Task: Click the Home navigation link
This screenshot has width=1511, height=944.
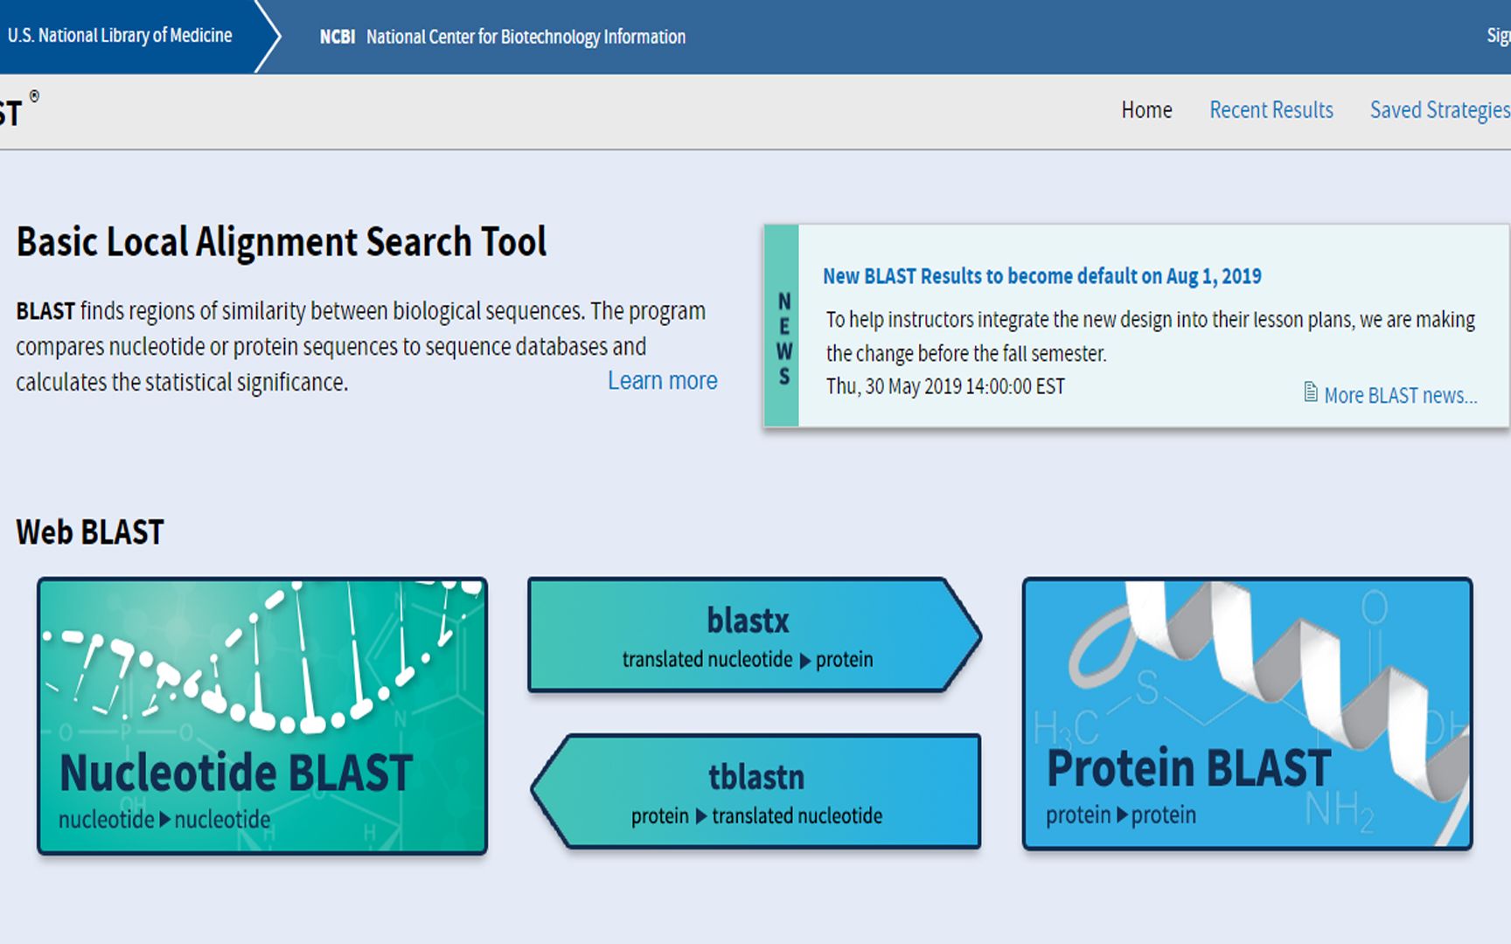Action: (x=1146, y=110)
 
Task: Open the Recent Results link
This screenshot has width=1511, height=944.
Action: (x=1271, y=110)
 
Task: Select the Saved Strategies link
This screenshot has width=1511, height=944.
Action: (x=1440, y=110)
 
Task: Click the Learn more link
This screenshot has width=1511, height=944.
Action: (x=663, y=381)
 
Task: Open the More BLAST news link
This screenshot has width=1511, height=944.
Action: (x=1401, y=395)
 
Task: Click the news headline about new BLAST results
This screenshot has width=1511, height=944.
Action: (x=1042, y=276)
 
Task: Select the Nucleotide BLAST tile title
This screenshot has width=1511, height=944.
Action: (x=236, y=773)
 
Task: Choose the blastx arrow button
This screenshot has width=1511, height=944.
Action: (x=755, y=635)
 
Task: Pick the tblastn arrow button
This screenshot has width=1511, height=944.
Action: (x=756, y=791)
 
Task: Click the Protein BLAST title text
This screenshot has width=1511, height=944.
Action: (x=1189, y=767)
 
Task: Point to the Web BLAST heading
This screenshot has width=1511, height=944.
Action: (x=90, y=532)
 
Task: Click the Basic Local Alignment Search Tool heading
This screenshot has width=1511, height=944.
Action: (x=282, y=242)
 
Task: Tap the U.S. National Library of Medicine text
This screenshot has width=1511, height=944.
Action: (x=120, y=36)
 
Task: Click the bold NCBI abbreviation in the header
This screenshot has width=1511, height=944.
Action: (x=338, y=37)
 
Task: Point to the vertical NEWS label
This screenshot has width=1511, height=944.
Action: (x=784, y=339)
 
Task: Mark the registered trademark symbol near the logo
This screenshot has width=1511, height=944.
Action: (x=34, y=96)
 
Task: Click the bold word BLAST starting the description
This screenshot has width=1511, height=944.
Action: (x=45, y=311)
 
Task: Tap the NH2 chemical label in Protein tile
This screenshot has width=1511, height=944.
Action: (x=1340, y=811)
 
